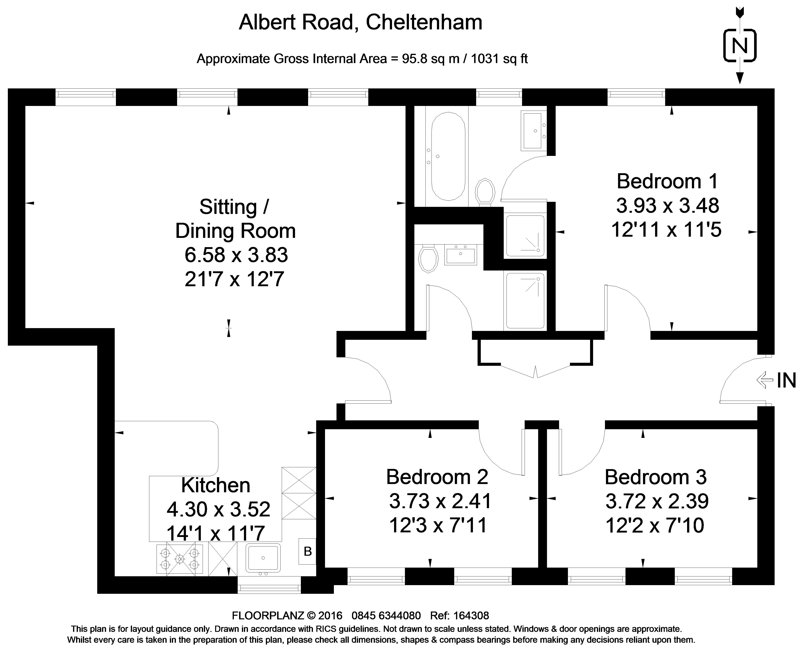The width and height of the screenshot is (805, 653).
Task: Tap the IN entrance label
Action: (x=786, y=380)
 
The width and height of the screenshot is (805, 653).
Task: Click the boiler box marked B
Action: (x=308, y=551)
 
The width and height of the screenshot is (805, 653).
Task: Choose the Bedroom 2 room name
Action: (x=437, y=477)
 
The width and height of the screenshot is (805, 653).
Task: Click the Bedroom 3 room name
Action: (x=655, y=477)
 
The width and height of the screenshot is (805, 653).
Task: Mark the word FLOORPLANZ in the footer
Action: (x=268, y=615)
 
